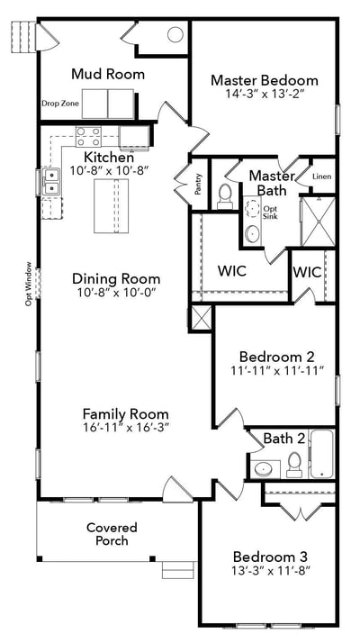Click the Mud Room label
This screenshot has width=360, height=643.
[x=108, y=74]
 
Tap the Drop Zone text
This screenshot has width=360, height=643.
[x=60, y=104]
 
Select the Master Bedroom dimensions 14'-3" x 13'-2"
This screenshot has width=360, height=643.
[x=264, y=94]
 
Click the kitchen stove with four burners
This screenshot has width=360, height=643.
[x=88, y=137]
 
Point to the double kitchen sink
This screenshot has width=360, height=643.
[x=52, y=182]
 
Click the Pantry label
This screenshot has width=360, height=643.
[x=199, y=184]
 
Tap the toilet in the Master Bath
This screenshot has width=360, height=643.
[x=225, y=197]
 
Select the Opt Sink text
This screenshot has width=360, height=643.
[x=269, y=212]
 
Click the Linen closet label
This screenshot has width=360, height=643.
[x=322, y=177]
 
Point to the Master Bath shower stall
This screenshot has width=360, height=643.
[x=319, y=222]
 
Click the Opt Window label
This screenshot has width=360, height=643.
[x=28, y=284]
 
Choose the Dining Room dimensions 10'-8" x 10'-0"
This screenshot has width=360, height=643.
[x=116, y=293]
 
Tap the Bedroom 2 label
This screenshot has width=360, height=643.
[x=277, y=356]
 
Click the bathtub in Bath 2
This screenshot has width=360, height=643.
[x=321, y=453]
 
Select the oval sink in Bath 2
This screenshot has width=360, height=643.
[x=261, y=468]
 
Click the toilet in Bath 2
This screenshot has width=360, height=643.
[x=294, y=465]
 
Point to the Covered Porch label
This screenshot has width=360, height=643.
[x=112, y=533]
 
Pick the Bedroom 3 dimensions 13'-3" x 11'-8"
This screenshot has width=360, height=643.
[x=271, y=569]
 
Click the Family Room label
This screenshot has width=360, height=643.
[x=125, y=413]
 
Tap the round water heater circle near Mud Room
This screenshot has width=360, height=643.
[x=175, y=34]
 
